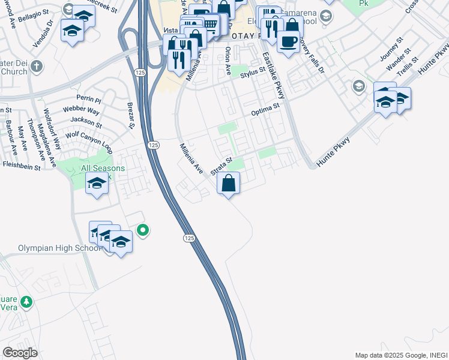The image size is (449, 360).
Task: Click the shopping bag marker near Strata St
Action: (x=228, y=183)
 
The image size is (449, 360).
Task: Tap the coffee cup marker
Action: (x=288, y=42)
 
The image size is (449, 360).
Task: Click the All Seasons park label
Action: (x=103, y=169)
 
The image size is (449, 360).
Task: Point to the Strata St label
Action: (x=221, y=166)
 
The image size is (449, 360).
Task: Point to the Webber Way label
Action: (x=85, y=111)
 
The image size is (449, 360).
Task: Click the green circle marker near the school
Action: (x=142, y=230)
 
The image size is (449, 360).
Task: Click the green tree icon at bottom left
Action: (x=26, y=302)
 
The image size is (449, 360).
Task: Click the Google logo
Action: (x=20, y=353)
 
